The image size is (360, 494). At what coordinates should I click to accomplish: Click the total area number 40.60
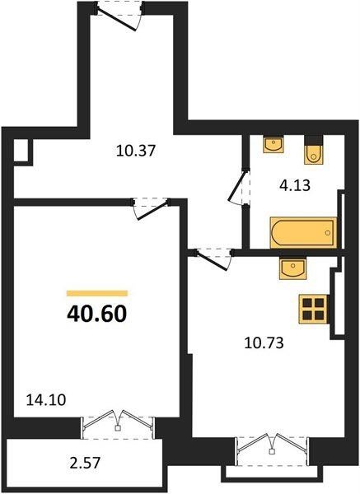point(96,314)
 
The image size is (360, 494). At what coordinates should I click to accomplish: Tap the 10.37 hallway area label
point(136,151)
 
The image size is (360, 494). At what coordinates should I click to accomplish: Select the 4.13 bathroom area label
point(295,185)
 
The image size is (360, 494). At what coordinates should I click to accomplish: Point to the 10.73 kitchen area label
point(264,343)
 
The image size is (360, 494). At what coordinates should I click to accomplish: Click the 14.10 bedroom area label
point(46,400)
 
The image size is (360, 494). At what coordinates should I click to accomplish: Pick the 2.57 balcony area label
point(85,463)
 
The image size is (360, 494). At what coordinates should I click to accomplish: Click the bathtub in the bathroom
point(303,233)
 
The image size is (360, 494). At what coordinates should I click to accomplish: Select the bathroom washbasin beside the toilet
point(274,144)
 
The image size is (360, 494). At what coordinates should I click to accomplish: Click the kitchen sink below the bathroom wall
point(292,268)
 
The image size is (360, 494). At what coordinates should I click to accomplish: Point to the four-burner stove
point(313,309)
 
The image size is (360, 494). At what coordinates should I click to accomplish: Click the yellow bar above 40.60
point(97,293)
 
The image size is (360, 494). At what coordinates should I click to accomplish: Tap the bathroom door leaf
point(237,186)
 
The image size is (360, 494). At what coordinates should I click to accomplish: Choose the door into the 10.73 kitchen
point(211,261)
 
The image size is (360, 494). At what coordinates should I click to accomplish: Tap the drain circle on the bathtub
point(328,233)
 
